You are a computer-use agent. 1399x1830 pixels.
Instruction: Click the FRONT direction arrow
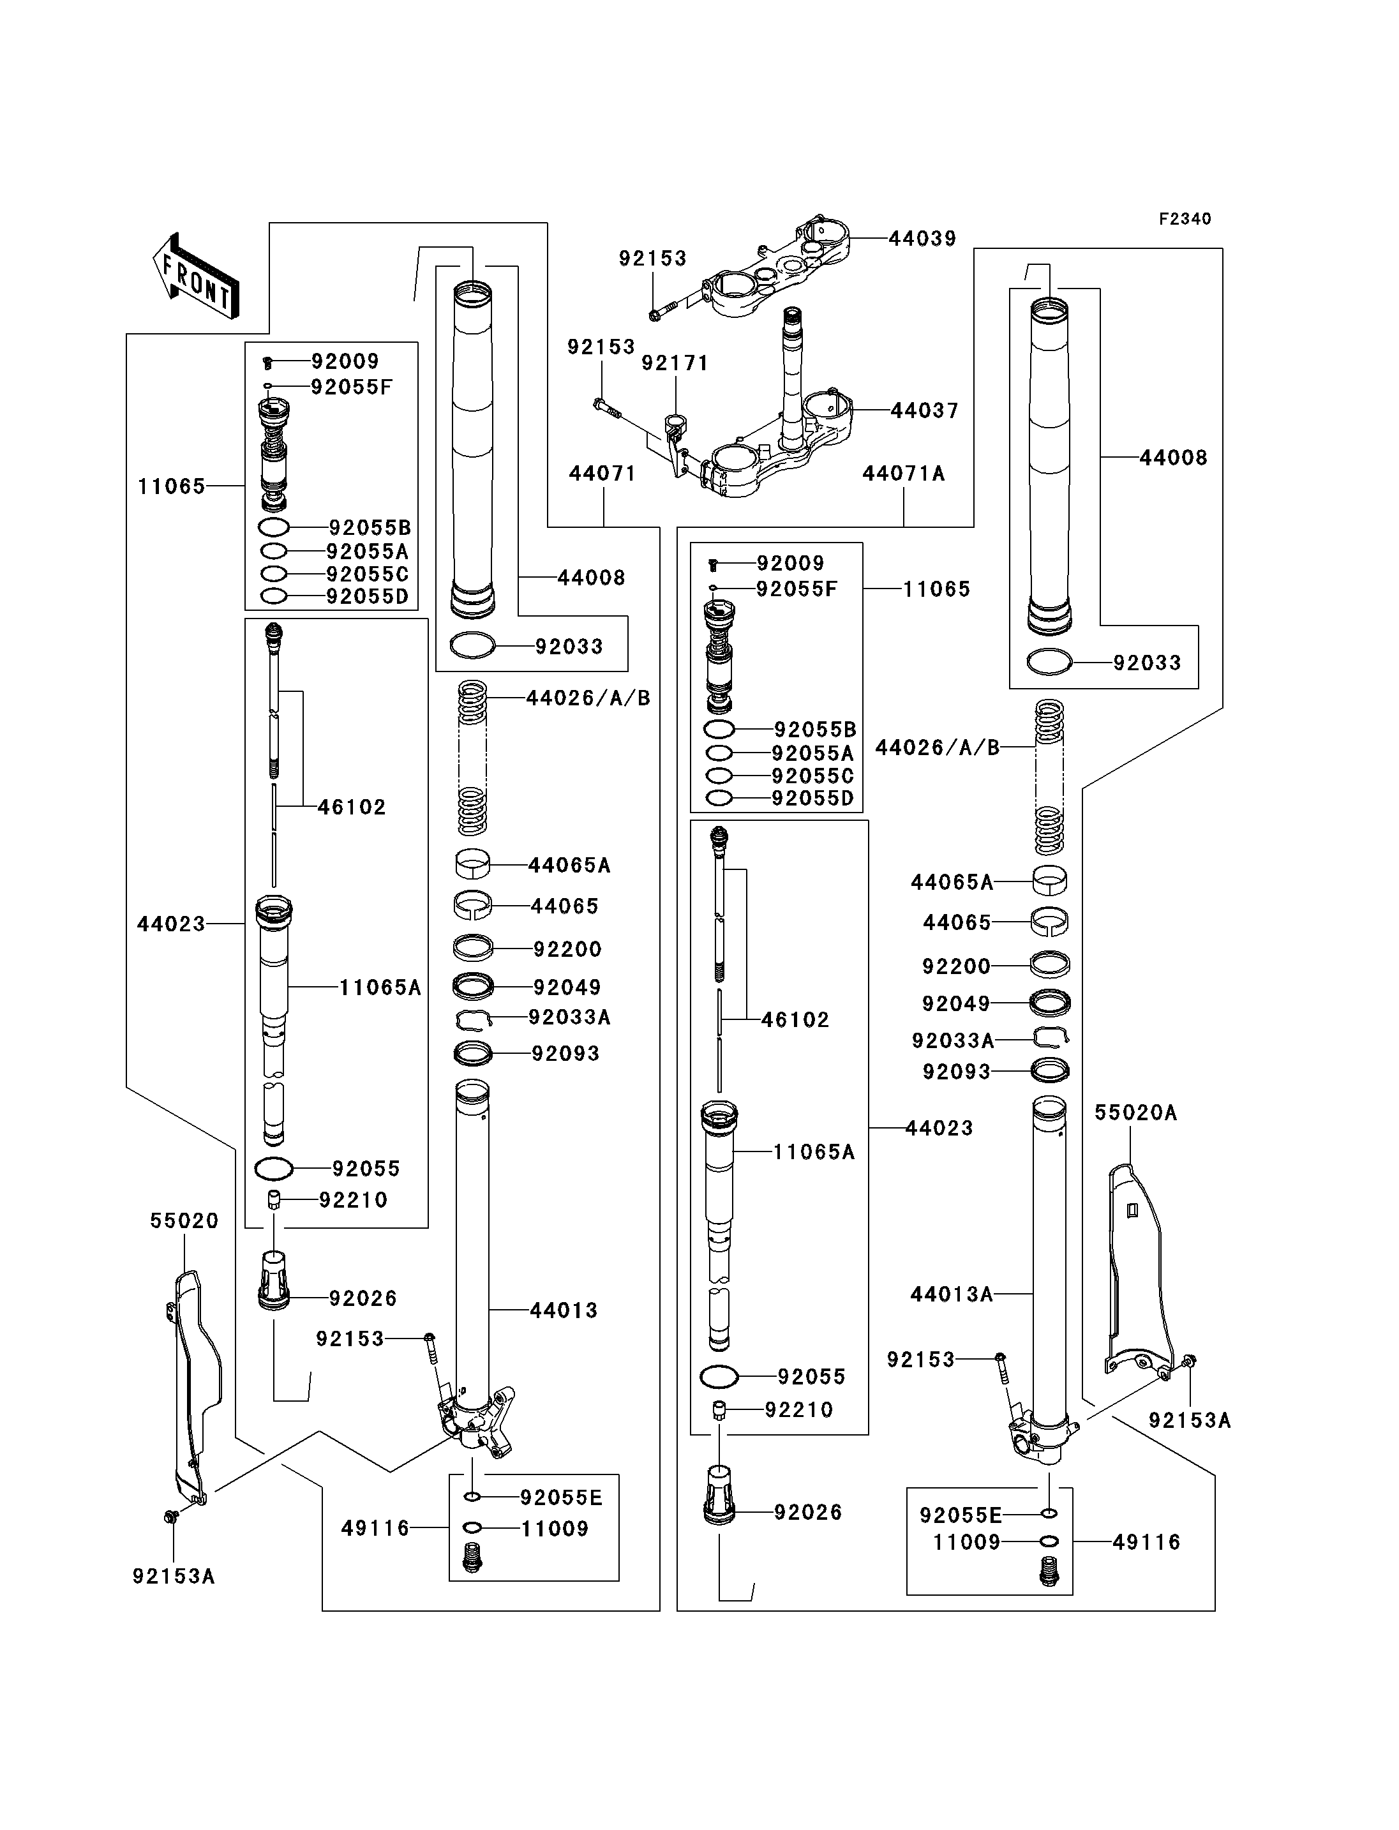[196, 276]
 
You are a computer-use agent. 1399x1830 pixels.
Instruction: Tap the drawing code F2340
[1185, 219]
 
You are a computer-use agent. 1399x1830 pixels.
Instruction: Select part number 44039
[923, 238]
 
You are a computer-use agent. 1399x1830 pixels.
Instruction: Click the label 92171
[675, 363]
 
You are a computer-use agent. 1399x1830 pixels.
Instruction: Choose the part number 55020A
[1136, 1113]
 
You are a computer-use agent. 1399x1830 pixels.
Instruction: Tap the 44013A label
[952, 1294]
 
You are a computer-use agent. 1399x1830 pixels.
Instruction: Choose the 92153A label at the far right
[1190, 1420]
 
